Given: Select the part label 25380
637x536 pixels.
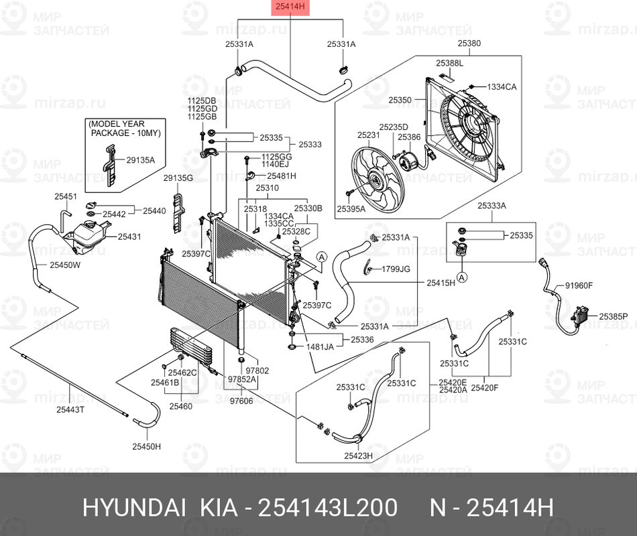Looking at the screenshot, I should (469, 44).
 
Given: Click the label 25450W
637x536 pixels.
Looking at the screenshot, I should (64, 265).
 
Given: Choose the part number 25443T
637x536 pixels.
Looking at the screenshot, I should (70, 409).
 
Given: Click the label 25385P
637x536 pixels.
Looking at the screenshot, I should (614, 316).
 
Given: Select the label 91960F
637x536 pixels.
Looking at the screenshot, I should (579, 285).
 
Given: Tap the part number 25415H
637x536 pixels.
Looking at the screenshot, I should (441, 283).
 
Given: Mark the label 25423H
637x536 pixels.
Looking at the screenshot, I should (358, 456).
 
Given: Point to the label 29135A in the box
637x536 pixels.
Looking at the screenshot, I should (141, 160).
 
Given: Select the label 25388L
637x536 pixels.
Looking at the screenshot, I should (449, 62).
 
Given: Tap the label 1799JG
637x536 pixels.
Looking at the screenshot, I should (396, 269).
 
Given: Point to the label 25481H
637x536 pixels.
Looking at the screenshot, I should (281, 176).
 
